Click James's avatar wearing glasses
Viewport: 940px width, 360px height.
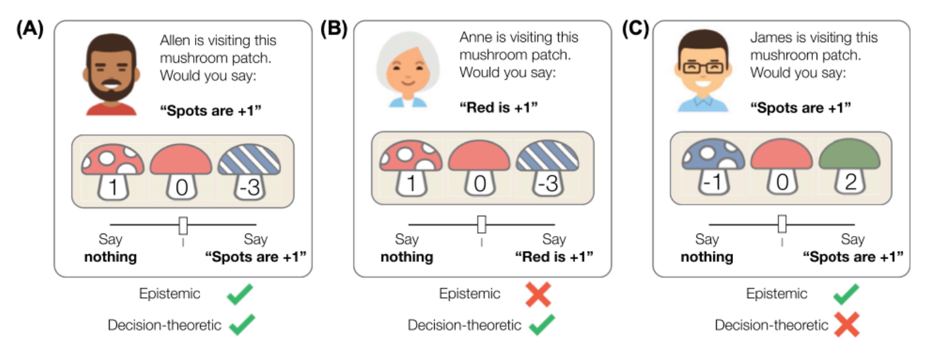[703, 72]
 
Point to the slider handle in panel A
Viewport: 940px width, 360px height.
[183, 225]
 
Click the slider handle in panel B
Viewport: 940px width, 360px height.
[482, 224]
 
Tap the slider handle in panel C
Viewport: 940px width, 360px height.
[782, 224]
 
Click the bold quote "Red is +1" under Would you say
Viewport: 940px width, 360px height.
[499, 108]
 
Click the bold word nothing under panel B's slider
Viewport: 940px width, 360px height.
[406, 257]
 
